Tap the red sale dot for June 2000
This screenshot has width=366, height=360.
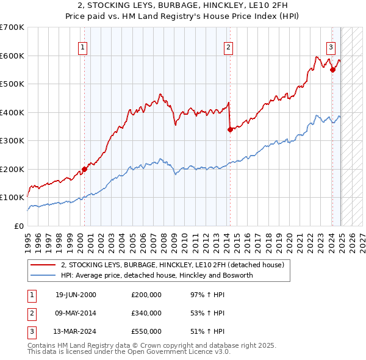pos(84,169)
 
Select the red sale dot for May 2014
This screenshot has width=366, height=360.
pos(230,129)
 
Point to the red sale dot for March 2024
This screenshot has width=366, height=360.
pos(332,70)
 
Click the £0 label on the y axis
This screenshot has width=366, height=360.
pos(18,226)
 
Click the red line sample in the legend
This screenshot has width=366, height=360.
pos(43,265)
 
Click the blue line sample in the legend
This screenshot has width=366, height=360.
pos(43,276)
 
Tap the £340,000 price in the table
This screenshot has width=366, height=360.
pos(146,313)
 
